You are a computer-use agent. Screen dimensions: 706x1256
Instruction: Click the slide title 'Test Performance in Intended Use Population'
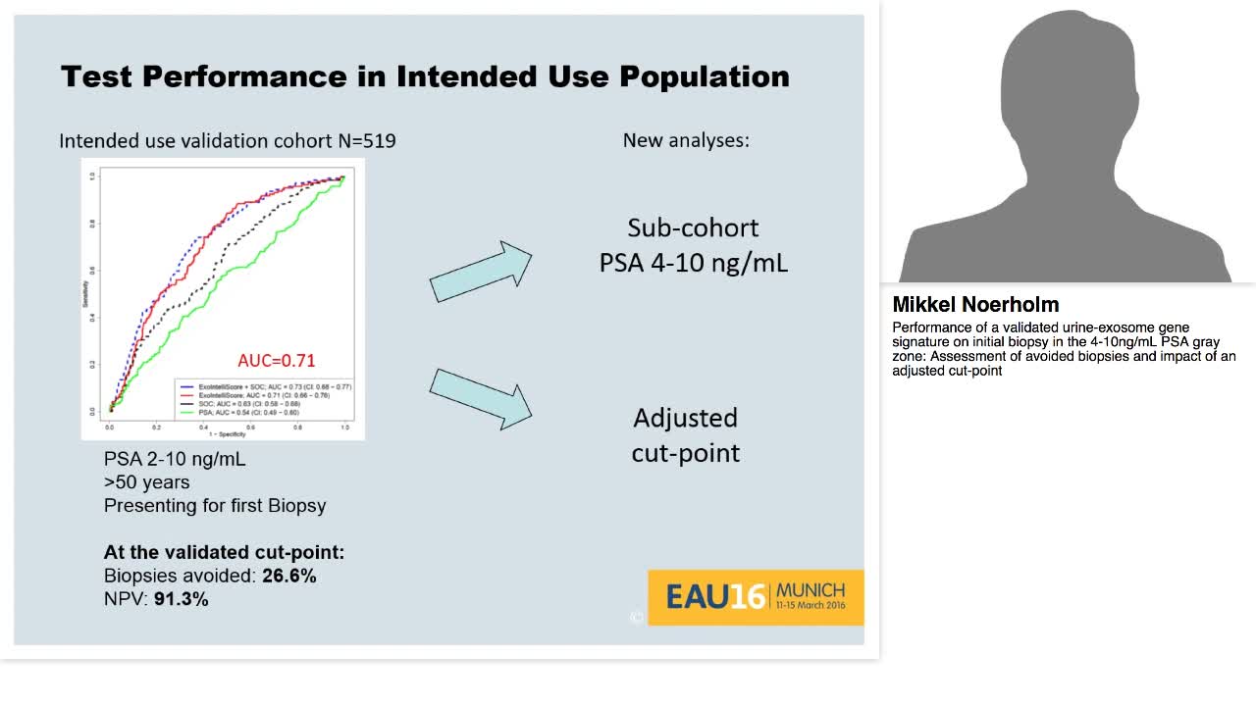click(425, 76)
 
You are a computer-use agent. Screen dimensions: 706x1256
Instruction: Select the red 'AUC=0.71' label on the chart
click(277, 360)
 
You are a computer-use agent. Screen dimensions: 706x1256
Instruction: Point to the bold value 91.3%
click(181, 598)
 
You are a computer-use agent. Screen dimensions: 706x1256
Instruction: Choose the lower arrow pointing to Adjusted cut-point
click(480, 398)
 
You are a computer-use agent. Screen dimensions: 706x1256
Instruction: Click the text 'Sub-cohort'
click(693, 228)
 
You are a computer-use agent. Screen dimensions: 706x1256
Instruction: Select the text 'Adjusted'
click(685, 418)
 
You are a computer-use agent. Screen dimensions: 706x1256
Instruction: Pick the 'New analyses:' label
click(686, 140)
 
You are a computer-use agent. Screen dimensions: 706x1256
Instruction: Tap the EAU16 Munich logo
click(756, 596)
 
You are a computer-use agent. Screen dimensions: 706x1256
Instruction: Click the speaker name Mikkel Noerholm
click(975, 305)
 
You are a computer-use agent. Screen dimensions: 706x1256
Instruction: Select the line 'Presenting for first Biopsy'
click(215, 506)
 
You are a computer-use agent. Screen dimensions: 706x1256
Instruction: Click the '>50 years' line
click(146, 482)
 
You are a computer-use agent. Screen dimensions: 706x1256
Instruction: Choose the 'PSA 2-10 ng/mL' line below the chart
click(175, 459)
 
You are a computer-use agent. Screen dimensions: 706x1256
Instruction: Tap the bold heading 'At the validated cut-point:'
click(224, 552)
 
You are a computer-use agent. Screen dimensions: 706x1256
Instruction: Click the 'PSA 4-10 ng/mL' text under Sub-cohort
click(693, 264)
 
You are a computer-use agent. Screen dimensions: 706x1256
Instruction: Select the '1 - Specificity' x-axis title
click(226, 434)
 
